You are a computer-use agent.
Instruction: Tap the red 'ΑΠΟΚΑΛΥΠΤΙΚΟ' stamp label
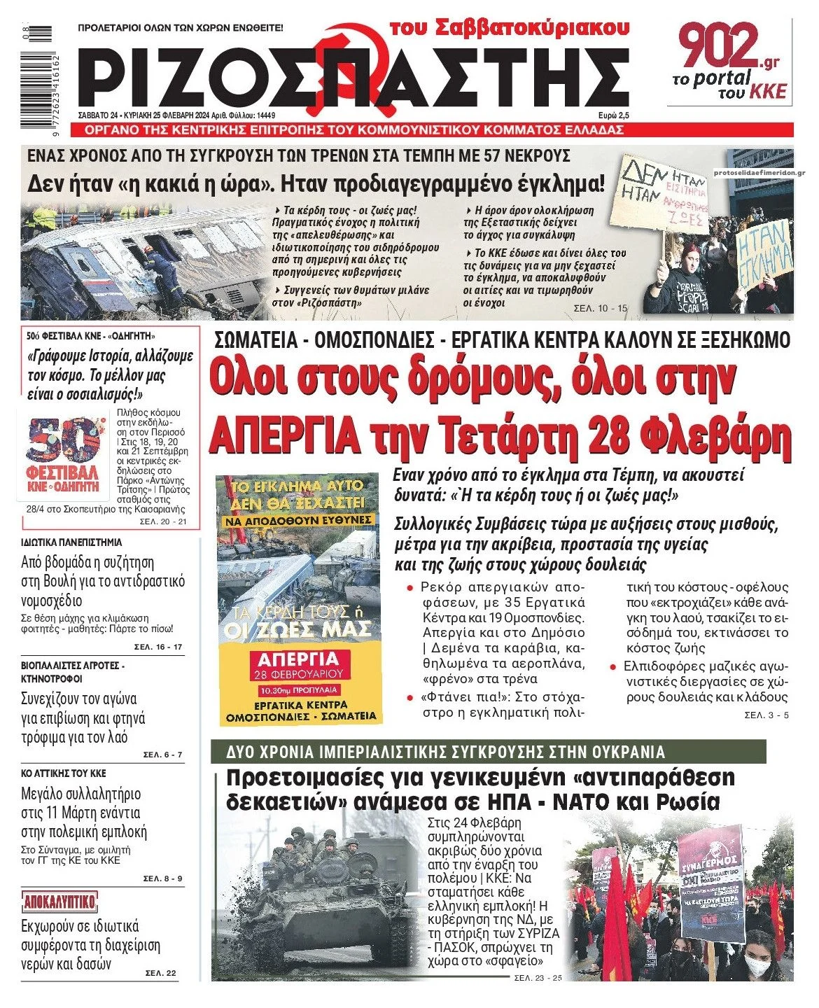tap(60, 901)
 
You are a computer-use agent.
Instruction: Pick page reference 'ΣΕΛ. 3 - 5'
tap(766, 715)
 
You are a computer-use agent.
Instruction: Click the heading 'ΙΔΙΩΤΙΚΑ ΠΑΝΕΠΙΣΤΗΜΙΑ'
tap(71, 542)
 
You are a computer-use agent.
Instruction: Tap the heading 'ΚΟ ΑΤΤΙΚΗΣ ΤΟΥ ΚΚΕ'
tap(64, 773)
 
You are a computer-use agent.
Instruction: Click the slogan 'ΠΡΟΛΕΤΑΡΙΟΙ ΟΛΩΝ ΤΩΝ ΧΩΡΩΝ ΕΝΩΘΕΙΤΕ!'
tap(181, 29)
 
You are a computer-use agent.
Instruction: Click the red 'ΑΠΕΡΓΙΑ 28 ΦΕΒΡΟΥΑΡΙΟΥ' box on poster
tap(299, 666)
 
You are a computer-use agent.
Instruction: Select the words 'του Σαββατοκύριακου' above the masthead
tap(509, 27)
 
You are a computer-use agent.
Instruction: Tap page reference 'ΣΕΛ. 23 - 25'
tap(538, 977)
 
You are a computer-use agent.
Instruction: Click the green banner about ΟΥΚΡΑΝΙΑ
tap(488, 752)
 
